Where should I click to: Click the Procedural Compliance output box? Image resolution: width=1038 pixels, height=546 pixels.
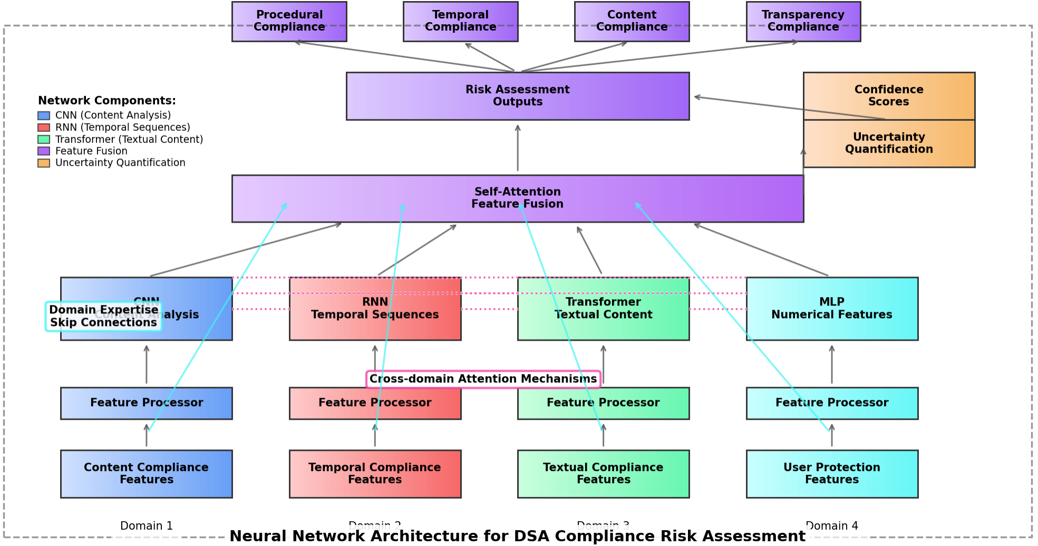coord(289,21)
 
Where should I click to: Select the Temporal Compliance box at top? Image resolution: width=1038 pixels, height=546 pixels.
coord(460,21)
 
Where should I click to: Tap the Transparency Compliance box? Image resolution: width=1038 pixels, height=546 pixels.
coord(803,21)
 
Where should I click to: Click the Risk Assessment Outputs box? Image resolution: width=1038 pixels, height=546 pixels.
coord(517,95)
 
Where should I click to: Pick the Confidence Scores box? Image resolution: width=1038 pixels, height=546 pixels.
coord(889,95)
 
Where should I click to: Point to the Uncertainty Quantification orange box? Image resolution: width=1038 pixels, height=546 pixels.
coord(889,143)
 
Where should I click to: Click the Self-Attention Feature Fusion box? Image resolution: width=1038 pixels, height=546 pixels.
coord(517,198)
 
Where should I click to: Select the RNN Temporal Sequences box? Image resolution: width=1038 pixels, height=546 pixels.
coord(375,309)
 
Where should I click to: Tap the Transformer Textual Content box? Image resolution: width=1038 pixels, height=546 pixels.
coord(603,309)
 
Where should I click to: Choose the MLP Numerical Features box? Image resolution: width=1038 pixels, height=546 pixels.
coord(832,309)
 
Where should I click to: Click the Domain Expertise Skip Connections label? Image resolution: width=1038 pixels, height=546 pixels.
coord(103,316)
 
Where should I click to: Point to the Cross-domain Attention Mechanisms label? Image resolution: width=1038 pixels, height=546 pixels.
coord(483,379)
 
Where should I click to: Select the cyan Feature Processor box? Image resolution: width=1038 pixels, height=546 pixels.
coord(832,403)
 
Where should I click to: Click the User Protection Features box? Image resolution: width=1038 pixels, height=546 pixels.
coord(832,473)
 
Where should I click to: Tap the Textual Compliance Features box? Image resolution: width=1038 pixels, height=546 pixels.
coord(603,473)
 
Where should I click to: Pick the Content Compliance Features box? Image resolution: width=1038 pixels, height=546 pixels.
coord(146,473)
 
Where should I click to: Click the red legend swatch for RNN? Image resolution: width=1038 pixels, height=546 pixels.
coord(44,128)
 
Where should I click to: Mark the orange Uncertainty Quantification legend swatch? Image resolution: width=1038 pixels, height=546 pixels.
coord(44,163)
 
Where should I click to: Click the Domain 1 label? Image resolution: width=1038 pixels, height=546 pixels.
coord(146,525)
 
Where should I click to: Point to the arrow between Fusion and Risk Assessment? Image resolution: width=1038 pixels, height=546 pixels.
coord(517,148)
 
